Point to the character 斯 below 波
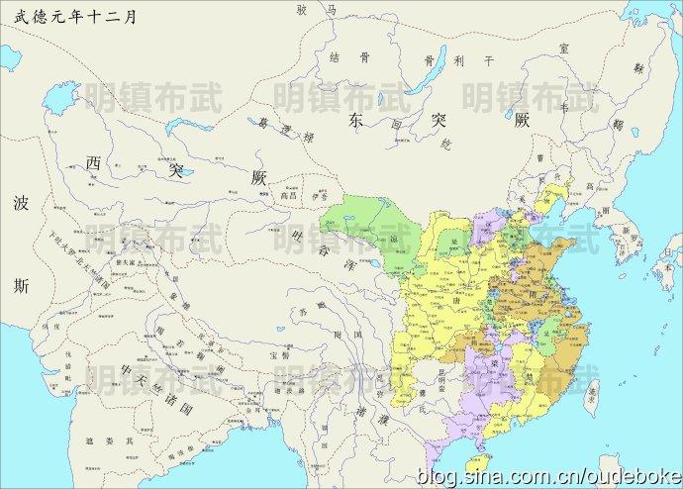22,286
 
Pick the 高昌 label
288,195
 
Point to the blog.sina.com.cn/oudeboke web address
548,477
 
